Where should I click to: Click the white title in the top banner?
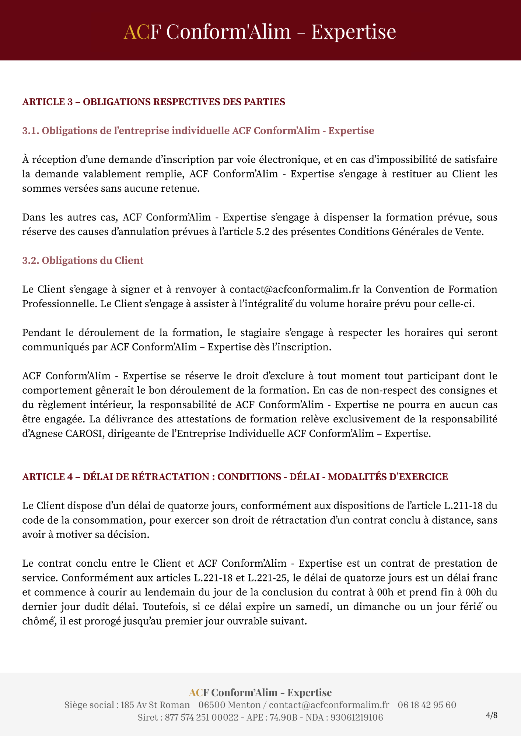tap(260, 31)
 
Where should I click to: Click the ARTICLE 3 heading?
tap(154, 102)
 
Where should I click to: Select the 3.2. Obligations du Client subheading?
tap(83, 261)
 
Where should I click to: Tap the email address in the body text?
tap(294, 289)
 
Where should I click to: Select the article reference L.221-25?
tap(267, 578)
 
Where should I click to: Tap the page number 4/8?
tap(492, 715)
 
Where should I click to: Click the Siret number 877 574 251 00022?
tap(202, 717)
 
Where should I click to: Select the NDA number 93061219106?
tap(357, 717)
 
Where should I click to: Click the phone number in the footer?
tap(427, 705)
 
